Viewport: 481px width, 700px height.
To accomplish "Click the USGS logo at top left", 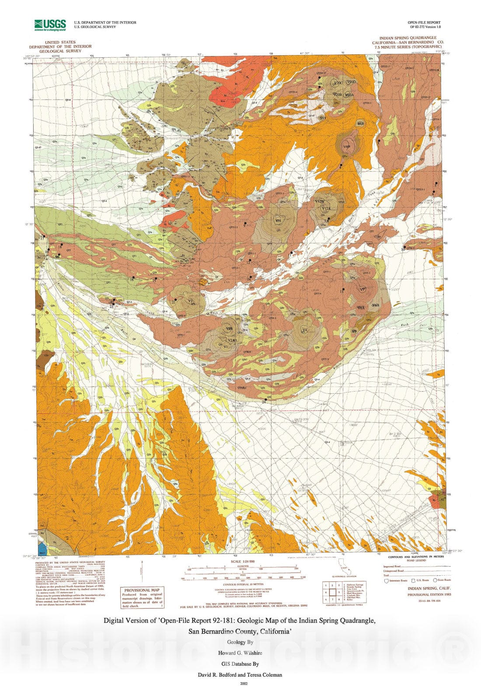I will pos(50,24).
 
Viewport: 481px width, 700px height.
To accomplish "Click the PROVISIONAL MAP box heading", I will pos(143,590).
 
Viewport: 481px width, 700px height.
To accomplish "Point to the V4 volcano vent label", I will pos(305,329).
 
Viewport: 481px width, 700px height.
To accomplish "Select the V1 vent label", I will pos(226,346).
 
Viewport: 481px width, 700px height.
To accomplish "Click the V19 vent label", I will pos(323,118).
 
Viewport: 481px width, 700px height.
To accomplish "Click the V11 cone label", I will pos(278,221).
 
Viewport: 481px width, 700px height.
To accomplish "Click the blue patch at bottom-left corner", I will pos(42,549).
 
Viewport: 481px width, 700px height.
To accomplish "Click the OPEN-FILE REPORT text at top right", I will pos(424,22).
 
